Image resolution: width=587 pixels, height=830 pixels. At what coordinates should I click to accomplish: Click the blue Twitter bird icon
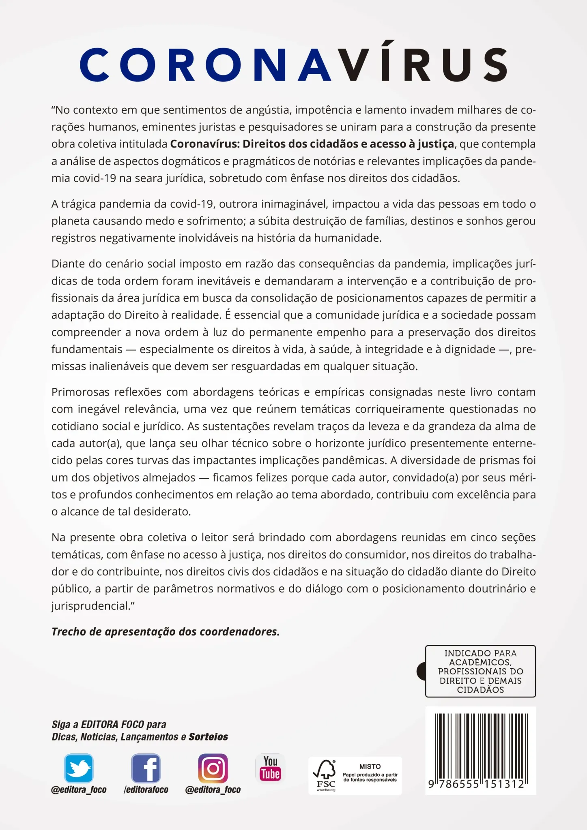(x=79, y=768)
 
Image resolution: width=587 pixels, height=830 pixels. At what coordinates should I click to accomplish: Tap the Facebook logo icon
(x=146, y=768)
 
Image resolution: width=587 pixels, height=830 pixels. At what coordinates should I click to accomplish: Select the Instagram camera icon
(x=213, y=768)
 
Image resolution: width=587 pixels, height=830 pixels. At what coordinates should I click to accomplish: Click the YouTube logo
(x=270, y=768)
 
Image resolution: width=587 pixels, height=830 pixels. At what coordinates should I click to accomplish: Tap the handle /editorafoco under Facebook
(x=146, y=789)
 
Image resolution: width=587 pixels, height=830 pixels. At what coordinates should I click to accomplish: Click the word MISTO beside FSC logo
(x=370, y=766)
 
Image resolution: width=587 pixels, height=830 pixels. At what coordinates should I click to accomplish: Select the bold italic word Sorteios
(x=208, y=737)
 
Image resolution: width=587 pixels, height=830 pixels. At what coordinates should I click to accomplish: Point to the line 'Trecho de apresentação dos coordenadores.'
(x=166, y=632)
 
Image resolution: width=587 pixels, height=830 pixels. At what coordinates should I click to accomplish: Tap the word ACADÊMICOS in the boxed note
(x=480, y=662)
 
